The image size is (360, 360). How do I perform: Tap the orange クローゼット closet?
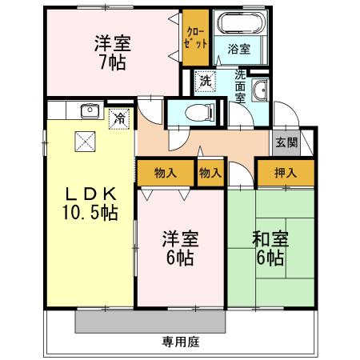(195, 38)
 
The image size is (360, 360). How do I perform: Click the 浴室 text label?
(240, 49)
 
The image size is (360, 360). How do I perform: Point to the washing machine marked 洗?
(206, 81)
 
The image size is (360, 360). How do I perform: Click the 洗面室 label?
(239, 86)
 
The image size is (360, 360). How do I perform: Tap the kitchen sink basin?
(90, 111)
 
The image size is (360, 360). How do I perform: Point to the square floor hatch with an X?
(85, 141)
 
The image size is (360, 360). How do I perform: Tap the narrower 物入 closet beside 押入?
(210, 171)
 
